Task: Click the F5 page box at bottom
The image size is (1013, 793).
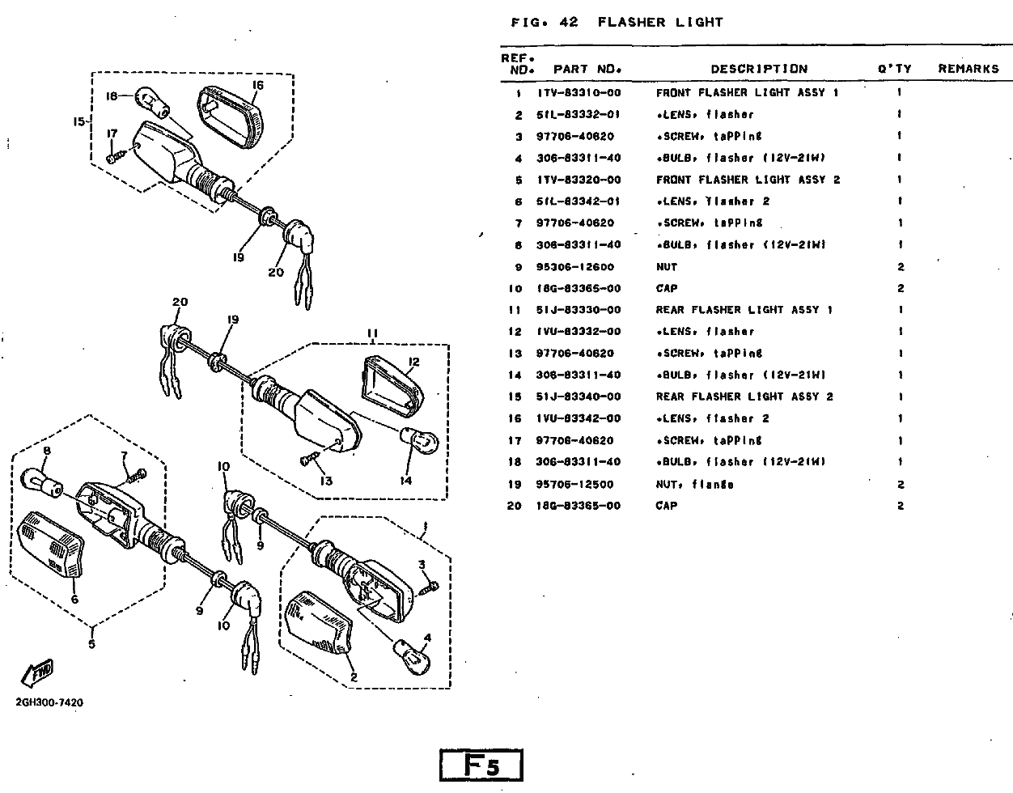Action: click(481, 765)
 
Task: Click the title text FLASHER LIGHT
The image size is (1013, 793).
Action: click(659, 22)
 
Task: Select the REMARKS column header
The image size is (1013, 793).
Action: click(968, 69)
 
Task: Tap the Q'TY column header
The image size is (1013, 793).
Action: click(894, 69)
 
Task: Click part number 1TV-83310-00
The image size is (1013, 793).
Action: click(579, 93)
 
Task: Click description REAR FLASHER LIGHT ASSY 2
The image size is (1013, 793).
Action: click(744, 396)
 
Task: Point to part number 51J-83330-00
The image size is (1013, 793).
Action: click(579, 310)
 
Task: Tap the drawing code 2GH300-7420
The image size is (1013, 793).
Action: click(49, 702)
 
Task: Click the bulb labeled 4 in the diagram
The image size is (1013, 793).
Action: click(412, 655)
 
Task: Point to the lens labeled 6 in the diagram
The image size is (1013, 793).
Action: click(50, 544)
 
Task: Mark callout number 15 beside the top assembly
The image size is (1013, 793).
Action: click(79, 122)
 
